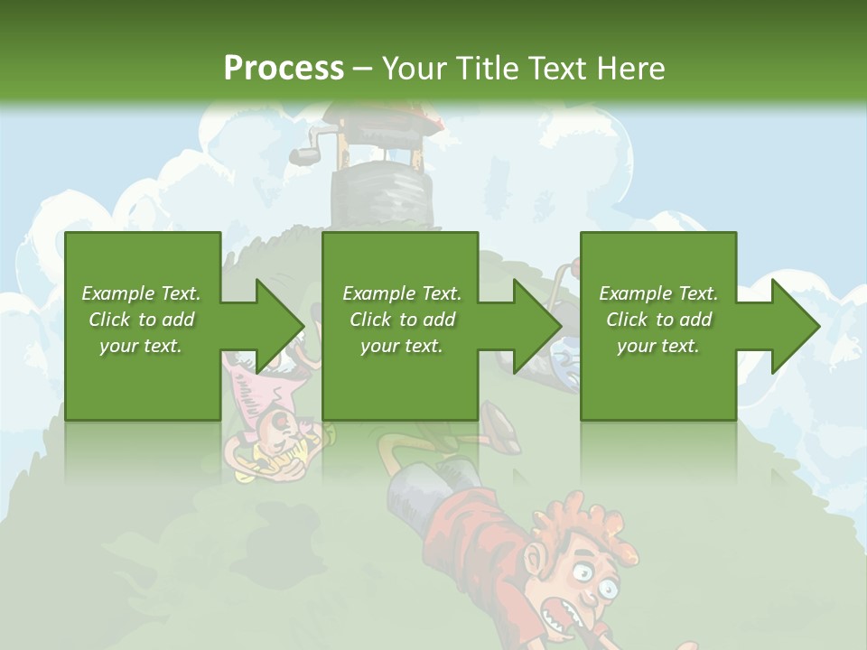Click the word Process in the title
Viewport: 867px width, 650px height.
(x=284, y=68)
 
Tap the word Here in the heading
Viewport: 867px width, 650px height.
(x=630, y=68)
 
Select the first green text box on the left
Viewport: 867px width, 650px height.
(x=143, y=325)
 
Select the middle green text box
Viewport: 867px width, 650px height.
(x=400, y=325)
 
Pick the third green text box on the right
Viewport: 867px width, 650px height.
(x=657, y=325)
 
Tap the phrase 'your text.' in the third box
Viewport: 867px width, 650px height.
(x=657, y=346)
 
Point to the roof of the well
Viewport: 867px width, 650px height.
(x=379, y=113)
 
